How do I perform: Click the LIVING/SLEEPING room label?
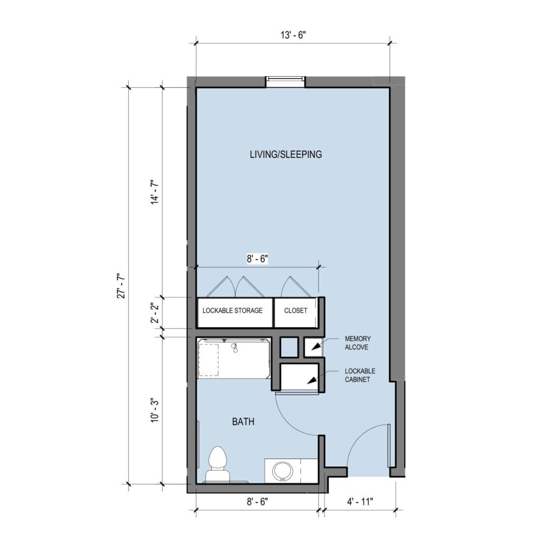286,154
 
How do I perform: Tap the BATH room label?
243,422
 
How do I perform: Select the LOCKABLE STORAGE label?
232,311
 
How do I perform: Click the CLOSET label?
296,311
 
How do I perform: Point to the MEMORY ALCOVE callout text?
358,343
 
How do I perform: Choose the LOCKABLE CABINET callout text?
360,375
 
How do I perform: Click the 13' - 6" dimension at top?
293,35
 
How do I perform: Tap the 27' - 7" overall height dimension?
122,286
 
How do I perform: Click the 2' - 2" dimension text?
155,313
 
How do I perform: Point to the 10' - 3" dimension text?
155,409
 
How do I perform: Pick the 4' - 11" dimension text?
360,502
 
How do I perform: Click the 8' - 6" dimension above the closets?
257,258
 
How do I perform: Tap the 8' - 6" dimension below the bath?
257,502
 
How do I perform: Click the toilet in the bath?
217,464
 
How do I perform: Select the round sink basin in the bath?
283,471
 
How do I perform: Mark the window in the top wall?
285,82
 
